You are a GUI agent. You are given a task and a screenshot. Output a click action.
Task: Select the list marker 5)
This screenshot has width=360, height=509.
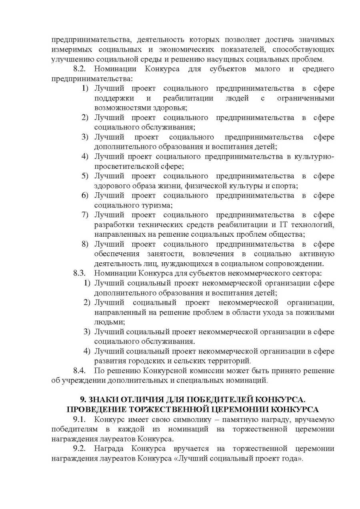[85, 176]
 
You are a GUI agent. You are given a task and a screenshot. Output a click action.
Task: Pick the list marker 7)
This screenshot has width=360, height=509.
[85, 215]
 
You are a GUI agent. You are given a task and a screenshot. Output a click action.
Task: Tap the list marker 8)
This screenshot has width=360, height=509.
[85, 244]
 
